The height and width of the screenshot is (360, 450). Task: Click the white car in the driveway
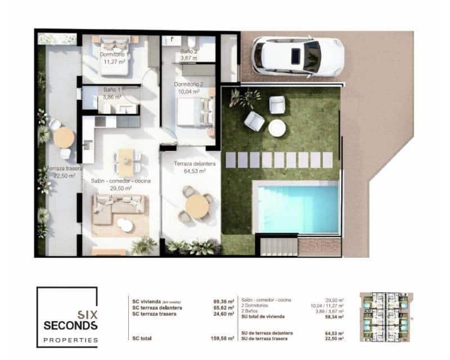(x=297, y=56)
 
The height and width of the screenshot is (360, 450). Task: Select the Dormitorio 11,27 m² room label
(x=112, y=58)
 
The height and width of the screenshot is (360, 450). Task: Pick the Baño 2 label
(x=188, y=54)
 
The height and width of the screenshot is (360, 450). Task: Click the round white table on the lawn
(x=277, y=128)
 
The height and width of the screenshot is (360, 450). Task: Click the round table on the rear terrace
(x=64, y=137)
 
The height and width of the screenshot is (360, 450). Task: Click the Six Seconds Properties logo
(x=67, y=317)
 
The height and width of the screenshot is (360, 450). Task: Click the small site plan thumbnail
(x=386, y=318)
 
